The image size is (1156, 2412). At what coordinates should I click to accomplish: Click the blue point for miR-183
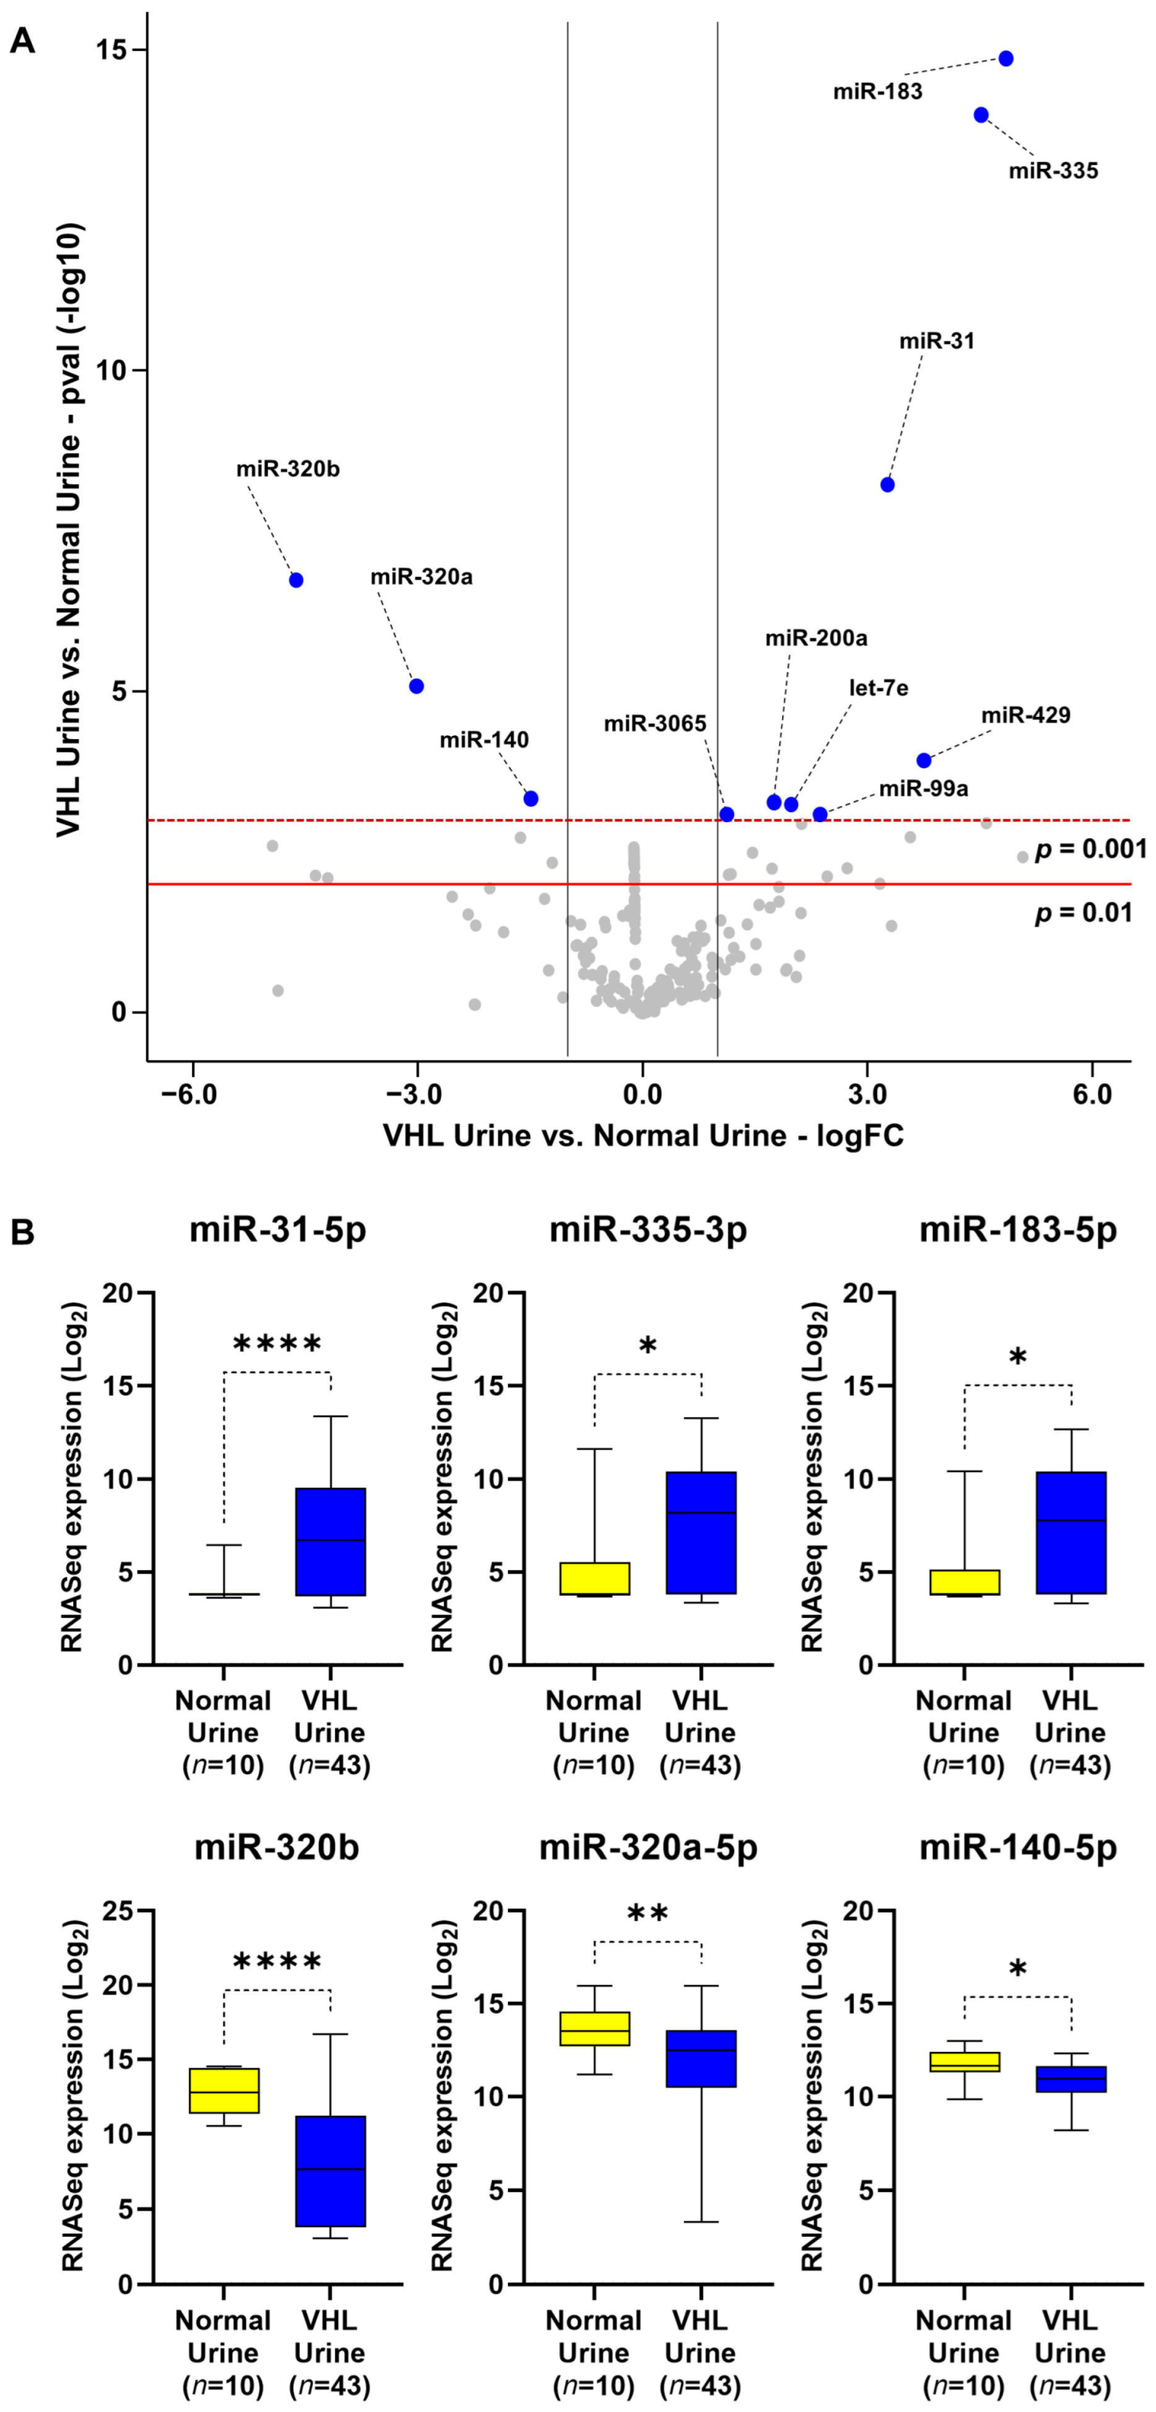click(x=1005, y=58)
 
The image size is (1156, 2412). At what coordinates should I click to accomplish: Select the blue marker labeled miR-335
click(x=981, y=114)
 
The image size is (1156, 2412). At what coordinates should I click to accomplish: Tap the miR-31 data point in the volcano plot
click(x=887, y=484)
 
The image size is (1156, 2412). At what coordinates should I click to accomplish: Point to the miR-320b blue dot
click(x=296, y=580)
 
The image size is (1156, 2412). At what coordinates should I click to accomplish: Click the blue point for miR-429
click(x=924, y=759)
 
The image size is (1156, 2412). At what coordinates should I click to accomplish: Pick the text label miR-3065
click(x=655, y=724)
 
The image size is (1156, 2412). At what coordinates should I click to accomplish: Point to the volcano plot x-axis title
click(x=643, y=1136)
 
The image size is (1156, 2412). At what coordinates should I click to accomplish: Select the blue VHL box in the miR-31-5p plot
click(x=331, y=1541)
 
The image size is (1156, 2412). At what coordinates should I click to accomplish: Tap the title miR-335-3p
click(x=647, y=1229)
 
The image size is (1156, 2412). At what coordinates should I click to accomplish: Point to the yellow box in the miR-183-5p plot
click(x=964, y=1581)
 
